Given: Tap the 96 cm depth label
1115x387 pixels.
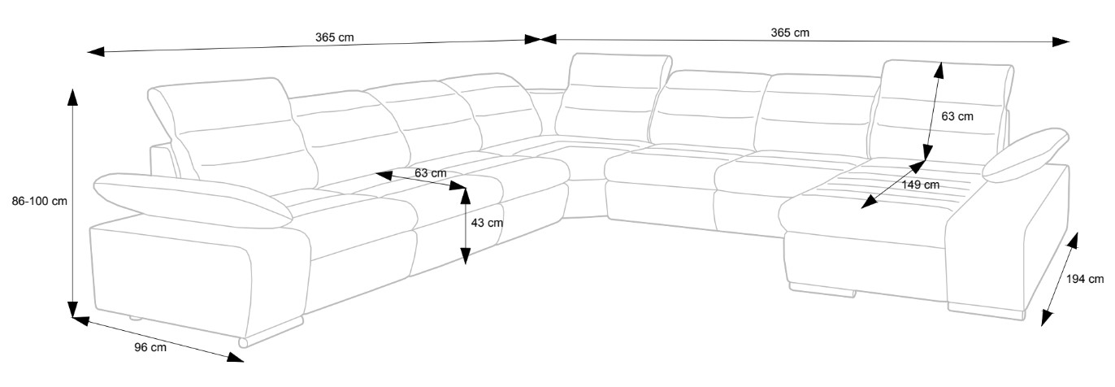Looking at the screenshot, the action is click(x=151, y=348).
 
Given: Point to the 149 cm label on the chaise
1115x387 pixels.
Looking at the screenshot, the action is click(x=920, y=185).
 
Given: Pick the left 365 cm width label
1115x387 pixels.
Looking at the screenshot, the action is click(x=334, y=37).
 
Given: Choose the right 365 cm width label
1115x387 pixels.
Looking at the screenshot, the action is click(x=790, y=33).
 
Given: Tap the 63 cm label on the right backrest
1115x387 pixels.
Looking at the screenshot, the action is click(x=957, y=116).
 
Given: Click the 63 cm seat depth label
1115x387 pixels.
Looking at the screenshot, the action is click(x=431, y=173).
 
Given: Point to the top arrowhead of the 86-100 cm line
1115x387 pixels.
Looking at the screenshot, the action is click(x=72, y=96).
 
